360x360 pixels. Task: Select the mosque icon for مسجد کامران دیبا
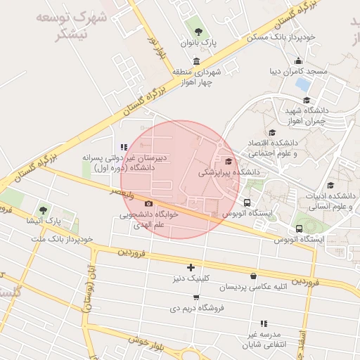click(x=299, y=60)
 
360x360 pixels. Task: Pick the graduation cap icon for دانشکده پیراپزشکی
click(x=227, y=161)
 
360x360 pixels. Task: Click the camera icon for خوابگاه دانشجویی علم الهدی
click(x=148, y=204)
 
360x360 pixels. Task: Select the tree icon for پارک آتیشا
click(x=44, y=210)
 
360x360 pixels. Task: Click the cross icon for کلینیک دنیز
click(x=191, y=267)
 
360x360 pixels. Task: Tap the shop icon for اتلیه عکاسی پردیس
click(x=252, y=276)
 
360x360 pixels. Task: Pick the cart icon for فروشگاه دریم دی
click(x=195, y=297)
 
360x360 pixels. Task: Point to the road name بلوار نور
click(x=157, y=47)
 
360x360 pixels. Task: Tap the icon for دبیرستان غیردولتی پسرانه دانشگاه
click(x=124, y=147)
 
